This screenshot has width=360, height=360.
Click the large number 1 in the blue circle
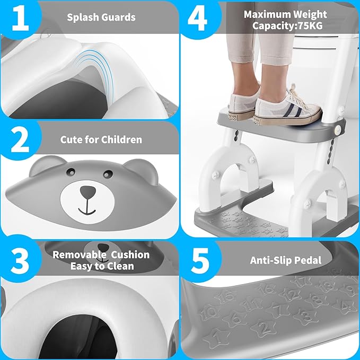[x=21, y=19]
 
